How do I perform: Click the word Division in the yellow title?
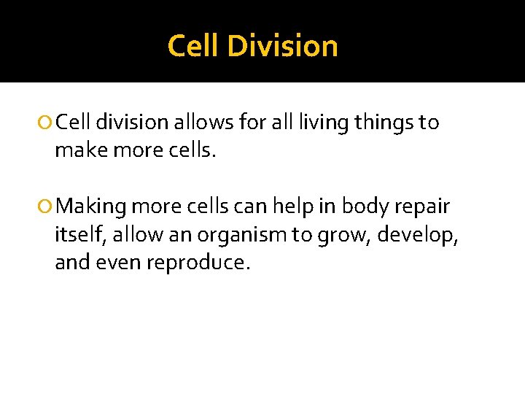(283, 46)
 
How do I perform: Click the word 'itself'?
(77, 235)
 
